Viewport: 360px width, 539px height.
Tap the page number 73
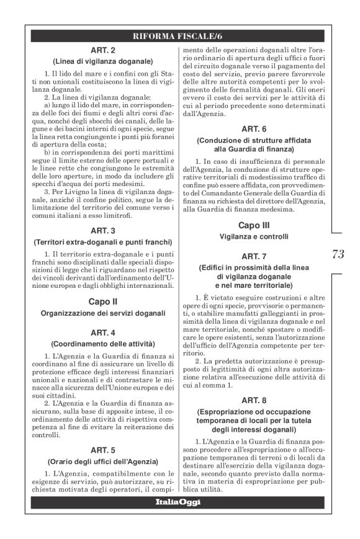tap(338, 253)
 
